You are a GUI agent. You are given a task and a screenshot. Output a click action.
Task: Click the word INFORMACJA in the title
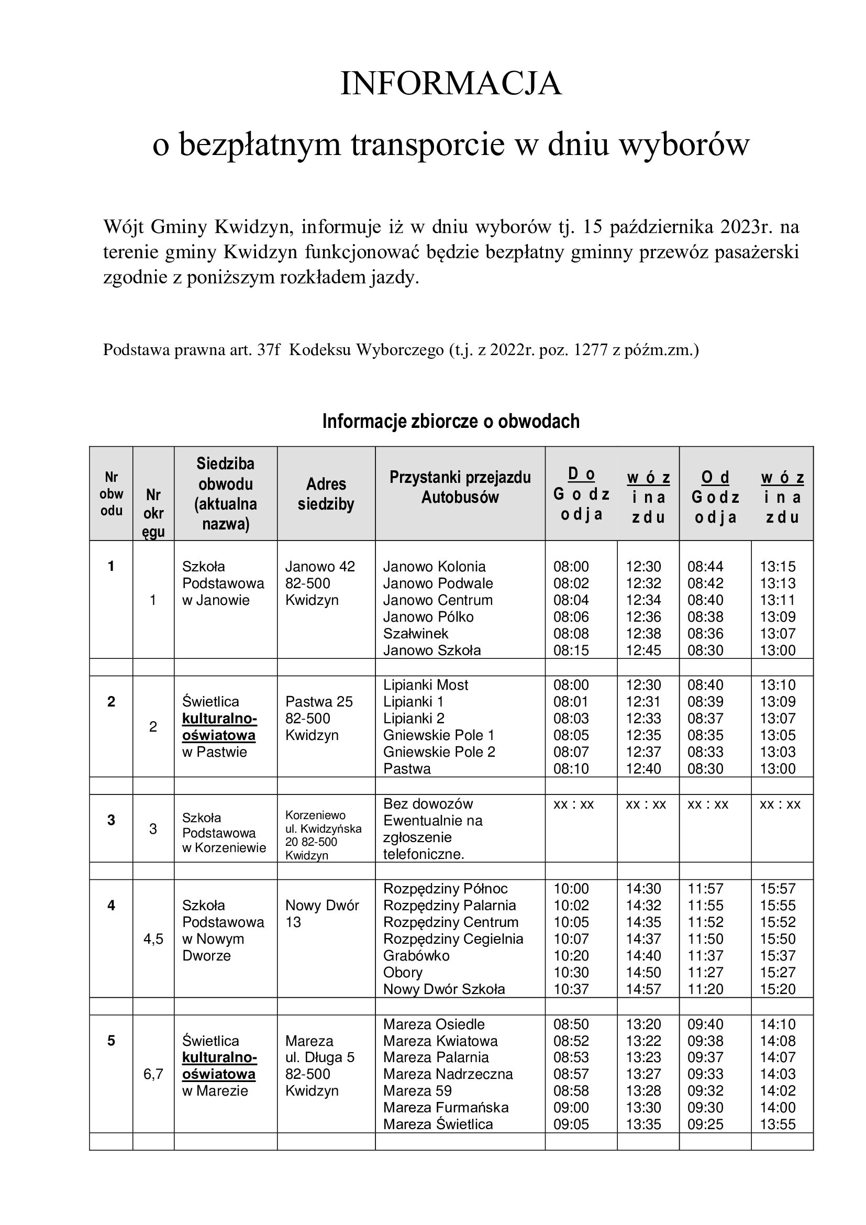click(451, 84)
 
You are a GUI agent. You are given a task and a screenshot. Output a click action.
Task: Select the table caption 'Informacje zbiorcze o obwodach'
click(451, 421)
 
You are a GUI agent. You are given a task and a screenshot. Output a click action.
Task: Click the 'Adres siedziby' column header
click(326, 493)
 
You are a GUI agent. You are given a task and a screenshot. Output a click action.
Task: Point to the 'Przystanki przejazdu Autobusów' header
click(460, 487)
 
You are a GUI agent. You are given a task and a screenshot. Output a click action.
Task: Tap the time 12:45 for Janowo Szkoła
click(643, 650)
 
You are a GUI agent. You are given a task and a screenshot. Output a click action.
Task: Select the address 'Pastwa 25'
click(319, 702)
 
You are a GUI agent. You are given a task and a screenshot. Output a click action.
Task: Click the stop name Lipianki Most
click(426, 685)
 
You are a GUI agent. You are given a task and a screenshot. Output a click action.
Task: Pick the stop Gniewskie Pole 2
click(439, 752)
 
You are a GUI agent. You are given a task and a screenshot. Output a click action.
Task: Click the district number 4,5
click(153, 939)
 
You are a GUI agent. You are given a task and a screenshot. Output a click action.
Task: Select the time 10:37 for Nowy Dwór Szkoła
click(571, 989)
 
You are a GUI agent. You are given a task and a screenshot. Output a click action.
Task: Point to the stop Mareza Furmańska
click(446, 1108)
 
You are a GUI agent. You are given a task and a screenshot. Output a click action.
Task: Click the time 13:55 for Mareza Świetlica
click(778, 1124)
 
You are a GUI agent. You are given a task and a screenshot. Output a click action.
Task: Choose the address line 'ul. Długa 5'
click(319, 1057)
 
